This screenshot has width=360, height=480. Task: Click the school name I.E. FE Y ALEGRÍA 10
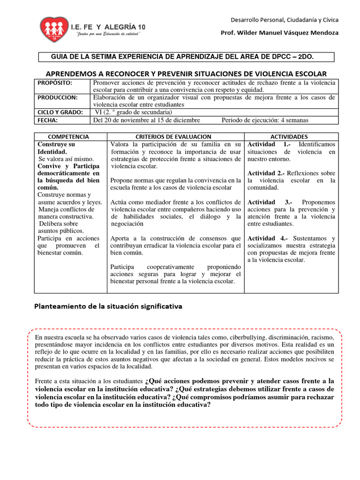(x=108, y=28)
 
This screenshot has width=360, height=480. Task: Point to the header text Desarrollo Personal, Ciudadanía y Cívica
(x=284, y=20)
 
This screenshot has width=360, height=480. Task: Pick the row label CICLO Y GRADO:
(x=60, y=112)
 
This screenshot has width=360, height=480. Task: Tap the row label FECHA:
(x=48, y=120)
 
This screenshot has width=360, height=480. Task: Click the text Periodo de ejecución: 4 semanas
(x=265, y=120)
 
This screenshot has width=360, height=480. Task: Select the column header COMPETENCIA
(x=69, y=136)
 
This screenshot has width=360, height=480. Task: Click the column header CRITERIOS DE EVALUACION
(x=176, y=136)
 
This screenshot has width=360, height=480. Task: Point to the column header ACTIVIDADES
(x=291, y=136)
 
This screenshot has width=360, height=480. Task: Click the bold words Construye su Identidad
(x=56, y=148)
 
